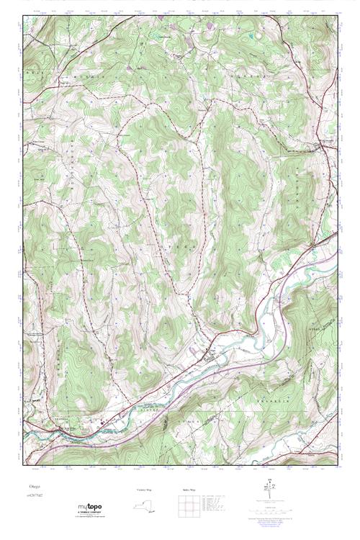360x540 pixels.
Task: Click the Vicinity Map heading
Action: click(145, 489)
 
